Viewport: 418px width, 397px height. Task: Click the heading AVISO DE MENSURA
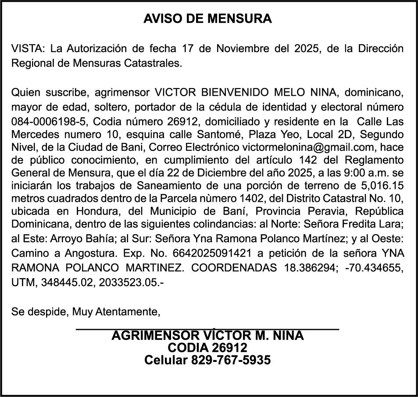(208, 19)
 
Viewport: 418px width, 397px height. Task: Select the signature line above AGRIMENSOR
(207, 329)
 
